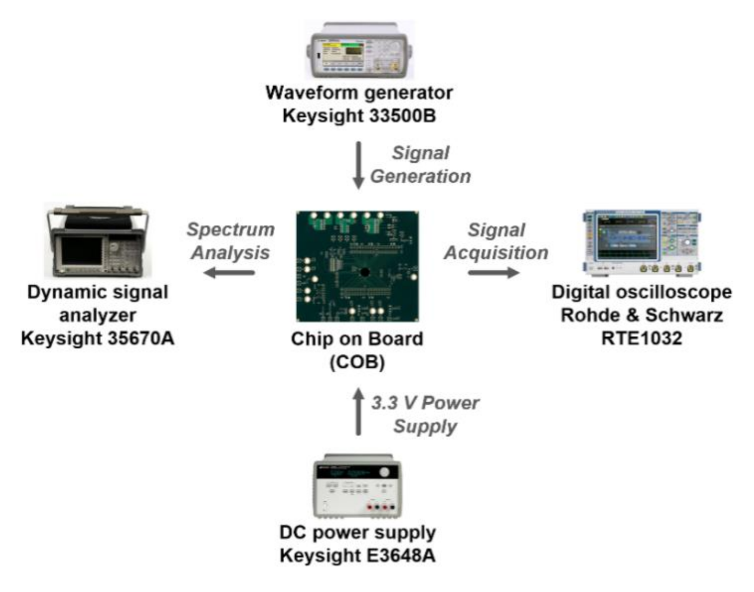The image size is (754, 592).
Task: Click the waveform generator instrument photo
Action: click(x=359, y=51)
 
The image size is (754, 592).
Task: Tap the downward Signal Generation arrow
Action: click(x=358, y=165)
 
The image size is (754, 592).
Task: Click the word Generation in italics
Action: click(x=420, y=177)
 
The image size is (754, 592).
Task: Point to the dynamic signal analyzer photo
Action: click(x=98, y=242)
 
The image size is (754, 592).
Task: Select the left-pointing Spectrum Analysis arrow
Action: click(x=230, y=273)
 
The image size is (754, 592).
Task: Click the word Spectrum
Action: click(x=230, y=229)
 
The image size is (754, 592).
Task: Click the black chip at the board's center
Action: click(x=364, y=272)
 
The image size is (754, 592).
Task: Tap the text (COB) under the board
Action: click(x=357, y=362)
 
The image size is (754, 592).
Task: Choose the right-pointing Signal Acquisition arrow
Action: click(x=493, y=273)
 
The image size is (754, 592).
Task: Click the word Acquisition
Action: click(x=496, y=253)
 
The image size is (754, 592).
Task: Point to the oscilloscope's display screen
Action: click(x=626, y=237)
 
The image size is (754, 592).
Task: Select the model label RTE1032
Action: click(x=641, y=338)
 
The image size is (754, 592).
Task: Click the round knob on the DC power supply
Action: click(x=384, y=472)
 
